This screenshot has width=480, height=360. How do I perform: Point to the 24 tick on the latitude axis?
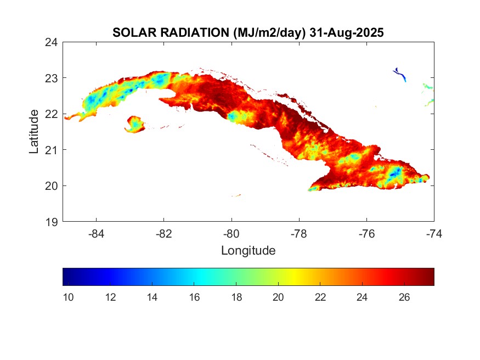52,42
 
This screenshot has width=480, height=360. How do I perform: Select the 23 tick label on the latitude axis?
52,78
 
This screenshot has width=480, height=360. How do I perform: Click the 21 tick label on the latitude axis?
52,150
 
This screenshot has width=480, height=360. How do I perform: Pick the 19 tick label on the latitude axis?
52,222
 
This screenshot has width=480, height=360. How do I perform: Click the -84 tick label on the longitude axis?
97,233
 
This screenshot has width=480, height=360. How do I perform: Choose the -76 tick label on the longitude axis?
366,233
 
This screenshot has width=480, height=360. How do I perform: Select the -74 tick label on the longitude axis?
434,233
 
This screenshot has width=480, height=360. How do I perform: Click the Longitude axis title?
248,251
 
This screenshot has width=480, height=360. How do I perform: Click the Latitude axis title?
34,132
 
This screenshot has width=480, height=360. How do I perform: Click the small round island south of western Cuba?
134,124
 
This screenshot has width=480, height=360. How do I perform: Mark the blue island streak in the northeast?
400,74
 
